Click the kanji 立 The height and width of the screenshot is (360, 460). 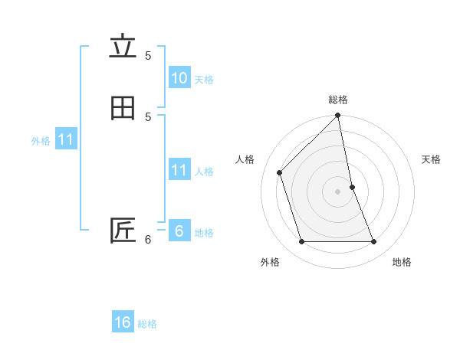[123, 47]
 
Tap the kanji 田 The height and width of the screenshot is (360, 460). [123, 108]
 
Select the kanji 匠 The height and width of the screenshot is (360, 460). [123, 231]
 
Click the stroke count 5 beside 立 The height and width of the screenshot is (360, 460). [148, 55]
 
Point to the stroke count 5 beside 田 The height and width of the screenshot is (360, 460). [148, 116]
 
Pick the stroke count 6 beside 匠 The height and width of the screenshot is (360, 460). [148, 240]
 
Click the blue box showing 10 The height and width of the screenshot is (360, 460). [179, 78]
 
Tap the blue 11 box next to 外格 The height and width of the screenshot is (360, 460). [66, 140]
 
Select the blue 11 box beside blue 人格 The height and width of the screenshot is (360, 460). [179, 170]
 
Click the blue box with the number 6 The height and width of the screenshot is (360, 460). [179, 231]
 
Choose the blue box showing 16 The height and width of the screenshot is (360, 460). [123, 322]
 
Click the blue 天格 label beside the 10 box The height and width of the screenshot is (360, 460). [204, 80]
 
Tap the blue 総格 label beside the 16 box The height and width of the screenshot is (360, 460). [147, 324]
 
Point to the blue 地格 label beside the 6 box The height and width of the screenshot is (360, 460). [204, 233]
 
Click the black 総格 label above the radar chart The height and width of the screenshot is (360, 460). [338, 100]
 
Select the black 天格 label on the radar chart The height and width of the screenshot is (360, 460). [432, 159]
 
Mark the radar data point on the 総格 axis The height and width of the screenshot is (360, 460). [338, 116]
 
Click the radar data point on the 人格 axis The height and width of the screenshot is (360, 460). [280, 172]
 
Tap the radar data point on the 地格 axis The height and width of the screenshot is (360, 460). [374, 242]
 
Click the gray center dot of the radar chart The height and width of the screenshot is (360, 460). [338, 191]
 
